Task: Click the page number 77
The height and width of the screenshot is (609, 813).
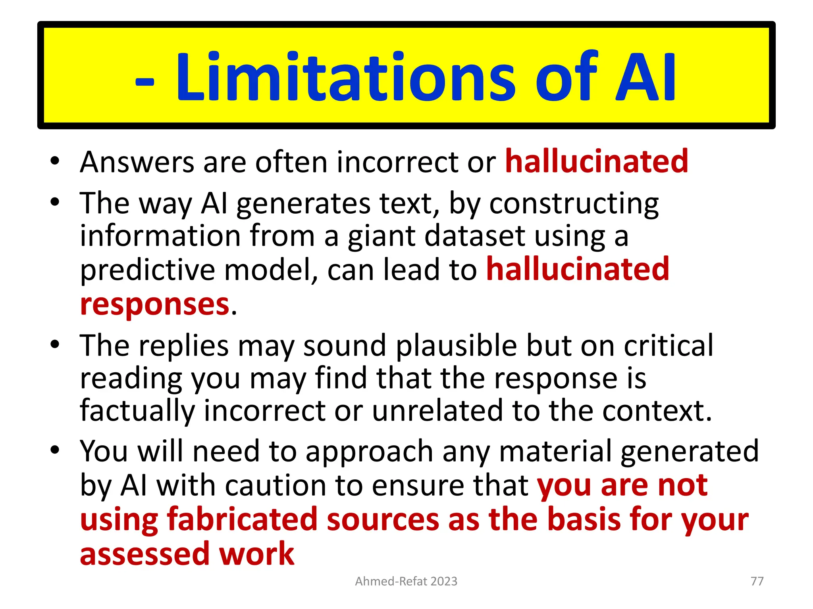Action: (x=757, y=581)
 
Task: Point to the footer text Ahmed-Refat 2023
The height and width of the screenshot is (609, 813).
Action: (x=406, y=581)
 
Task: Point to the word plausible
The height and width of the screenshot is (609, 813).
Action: (x=457, y=345)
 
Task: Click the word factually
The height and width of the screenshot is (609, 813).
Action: (x=137, y=411)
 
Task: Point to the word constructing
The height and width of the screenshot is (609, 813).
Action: (x=574, y=204)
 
